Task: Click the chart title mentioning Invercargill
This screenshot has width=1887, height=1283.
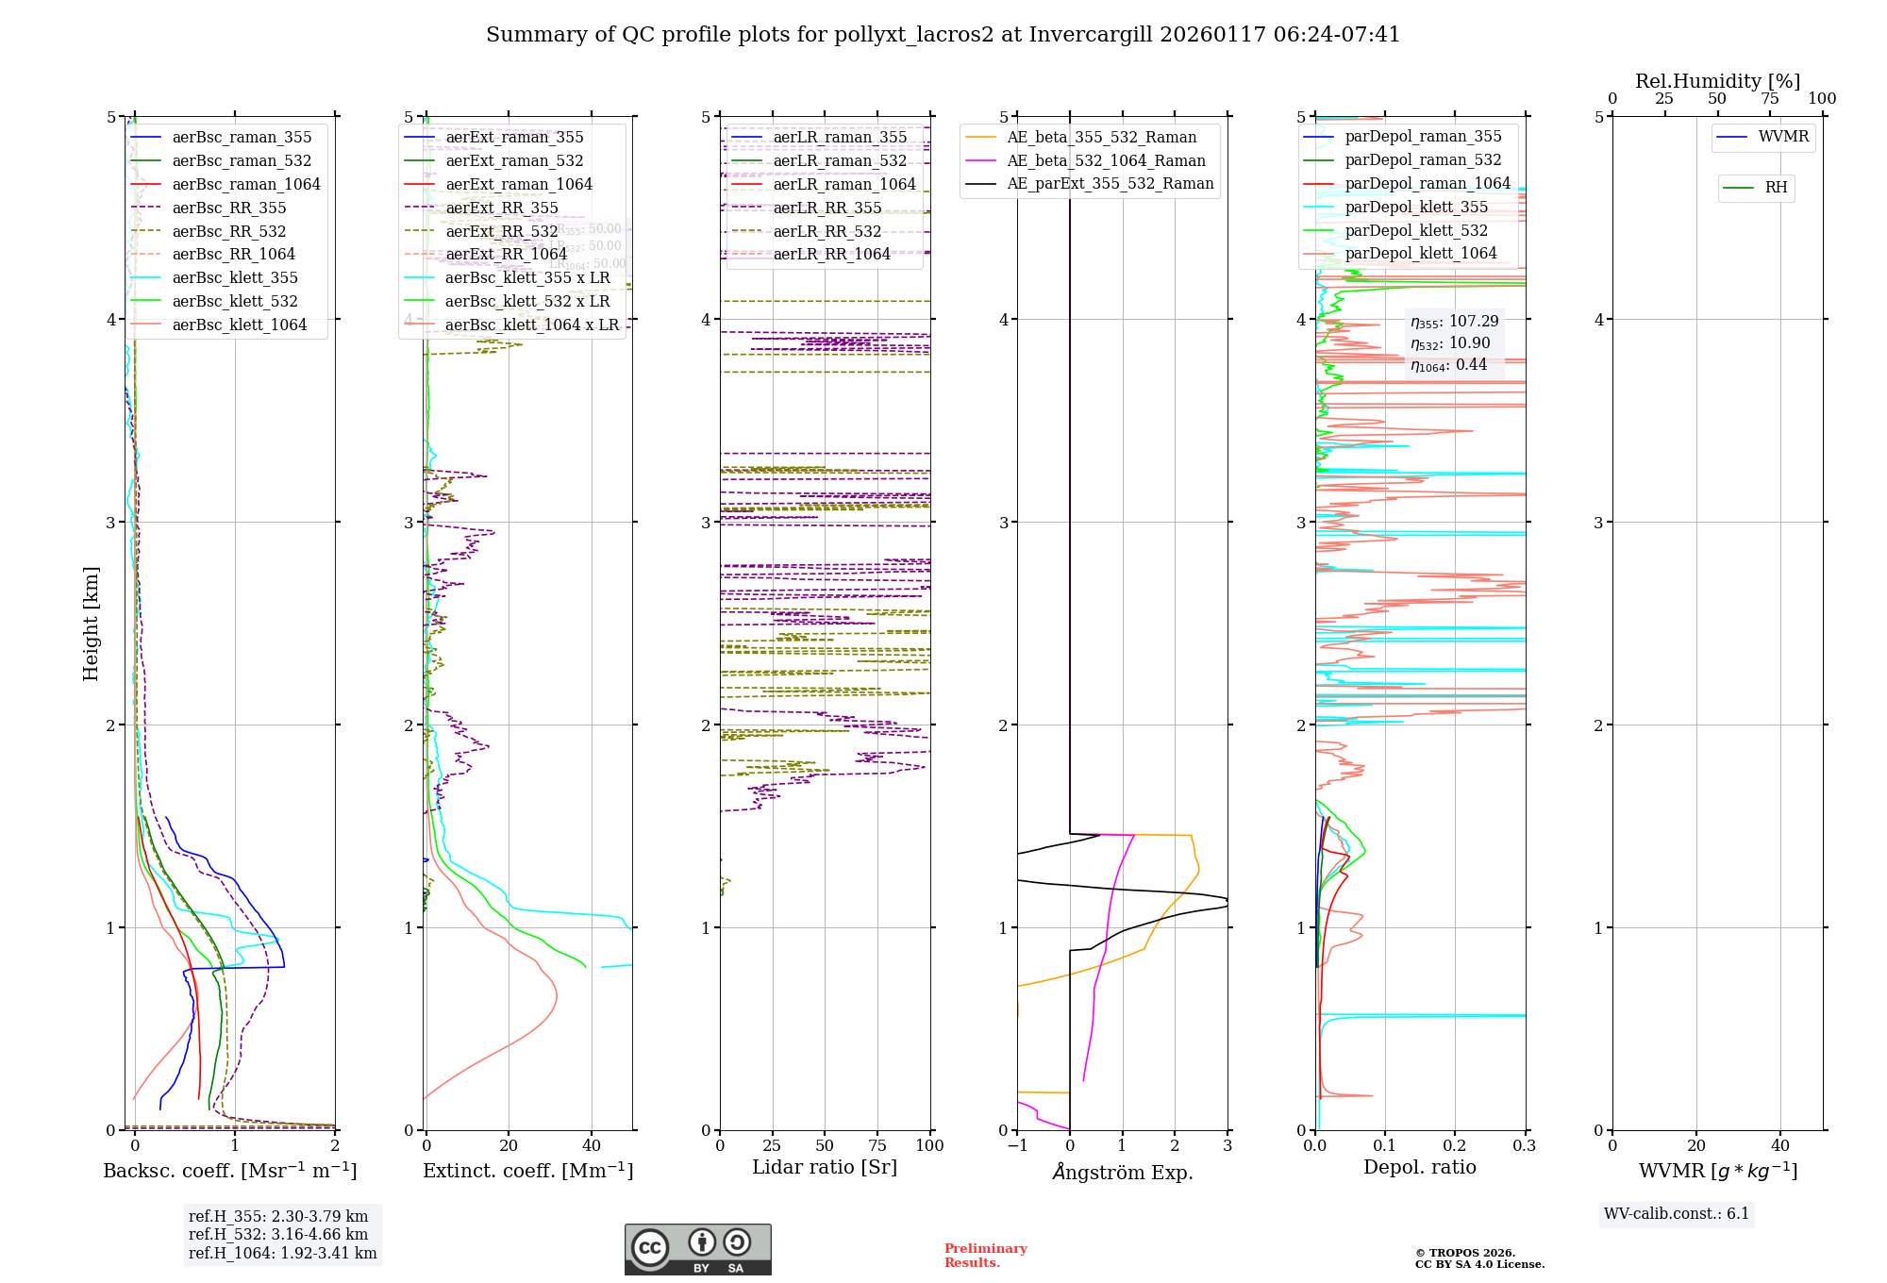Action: [943, 35]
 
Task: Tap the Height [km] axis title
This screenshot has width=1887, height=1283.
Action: [91, 624]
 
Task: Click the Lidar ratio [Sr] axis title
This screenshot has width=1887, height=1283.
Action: [825, 1168]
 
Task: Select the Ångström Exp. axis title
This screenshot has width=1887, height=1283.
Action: [1123, 1173]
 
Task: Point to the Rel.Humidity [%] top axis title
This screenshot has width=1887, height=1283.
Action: [1717, 81]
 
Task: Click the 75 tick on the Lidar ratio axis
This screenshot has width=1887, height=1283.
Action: [877, 1146]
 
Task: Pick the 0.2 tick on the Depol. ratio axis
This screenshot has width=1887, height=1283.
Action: [1455, 1146]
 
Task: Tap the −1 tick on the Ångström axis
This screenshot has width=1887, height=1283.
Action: [1017, 1146]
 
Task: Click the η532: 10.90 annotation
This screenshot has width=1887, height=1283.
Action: [1450, 343]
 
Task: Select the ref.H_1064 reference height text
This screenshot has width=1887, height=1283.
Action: [282, 1254]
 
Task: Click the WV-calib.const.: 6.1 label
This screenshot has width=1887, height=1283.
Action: [1677, 1214]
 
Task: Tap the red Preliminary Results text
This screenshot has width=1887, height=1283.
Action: [985, 1256]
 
